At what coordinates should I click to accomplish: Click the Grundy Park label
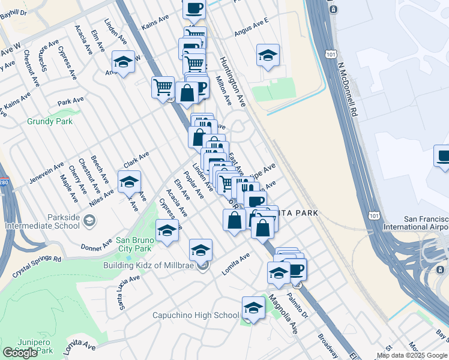pyautogui.click(x=50, y=121)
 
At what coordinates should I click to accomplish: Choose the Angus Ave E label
pyautogui.click(x=252, y=31)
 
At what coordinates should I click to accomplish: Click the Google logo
pyautogui.click(x=20, y=353)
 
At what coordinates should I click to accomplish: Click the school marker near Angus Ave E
pyautogui.click(x=268, y=55)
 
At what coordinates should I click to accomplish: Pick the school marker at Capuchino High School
pyautogui.click(x=253, y=308)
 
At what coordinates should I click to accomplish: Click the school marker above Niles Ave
pyautogui.click(x=129, y=181)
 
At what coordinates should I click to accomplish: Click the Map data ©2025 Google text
pyautogui.click(x=413, y=356)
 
